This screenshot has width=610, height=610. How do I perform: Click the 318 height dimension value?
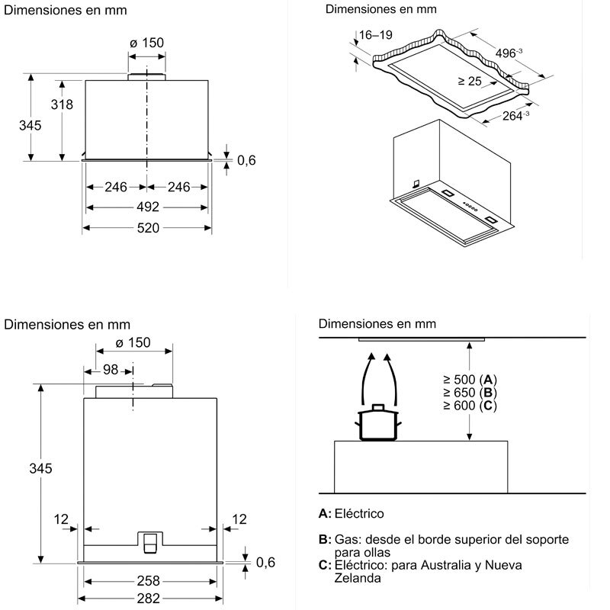click(x=62, y=105)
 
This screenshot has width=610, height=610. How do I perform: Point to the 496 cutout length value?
click(x=506, y=53)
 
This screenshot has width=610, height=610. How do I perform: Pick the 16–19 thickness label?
click(x=375, y=34)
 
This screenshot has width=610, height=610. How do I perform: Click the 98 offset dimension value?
click(x=111, y=370)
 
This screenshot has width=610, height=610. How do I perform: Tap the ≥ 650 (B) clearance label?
click(x=469, y=393)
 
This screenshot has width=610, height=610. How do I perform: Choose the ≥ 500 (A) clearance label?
click(x=469, y=380)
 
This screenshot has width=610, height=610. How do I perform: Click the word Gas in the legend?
click(x=345, y=540)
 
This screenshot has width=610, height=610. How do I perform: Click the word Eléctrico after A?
click(x=359, y=514)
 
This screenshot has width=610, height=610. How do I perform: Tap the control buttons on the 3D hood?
click(x=467, y=207)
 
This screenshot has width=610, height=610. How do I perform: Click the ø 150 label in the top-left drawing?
click(x=147, y=43)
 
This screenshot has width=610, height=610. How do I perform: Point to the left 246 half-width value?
click(x=116, y=186)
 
